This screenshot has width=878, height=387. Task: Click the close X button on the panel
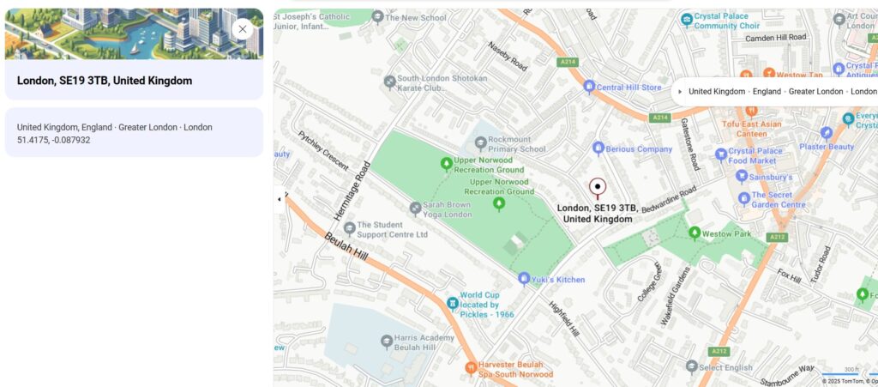243,29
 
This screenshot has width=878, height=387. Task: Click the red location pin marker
598,187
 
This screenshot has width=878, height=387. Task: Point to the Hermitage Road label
352,190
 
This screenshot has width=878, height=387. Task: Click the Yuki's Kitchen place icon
524,279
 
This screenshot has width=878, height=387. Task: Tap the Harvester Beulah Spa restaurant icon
470,367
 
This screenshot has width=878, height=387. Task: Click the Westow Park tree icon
695,233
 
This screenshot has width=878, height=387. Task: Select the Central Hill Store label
629,87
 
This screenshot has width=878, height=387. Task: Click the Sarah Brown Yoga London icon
415,208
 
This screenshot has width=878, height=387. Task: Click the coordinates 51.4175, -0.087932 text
53,140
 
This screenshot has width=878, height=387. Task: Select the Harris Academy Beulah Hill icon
387,342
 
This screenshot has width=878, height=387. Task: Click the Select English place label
725,367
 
